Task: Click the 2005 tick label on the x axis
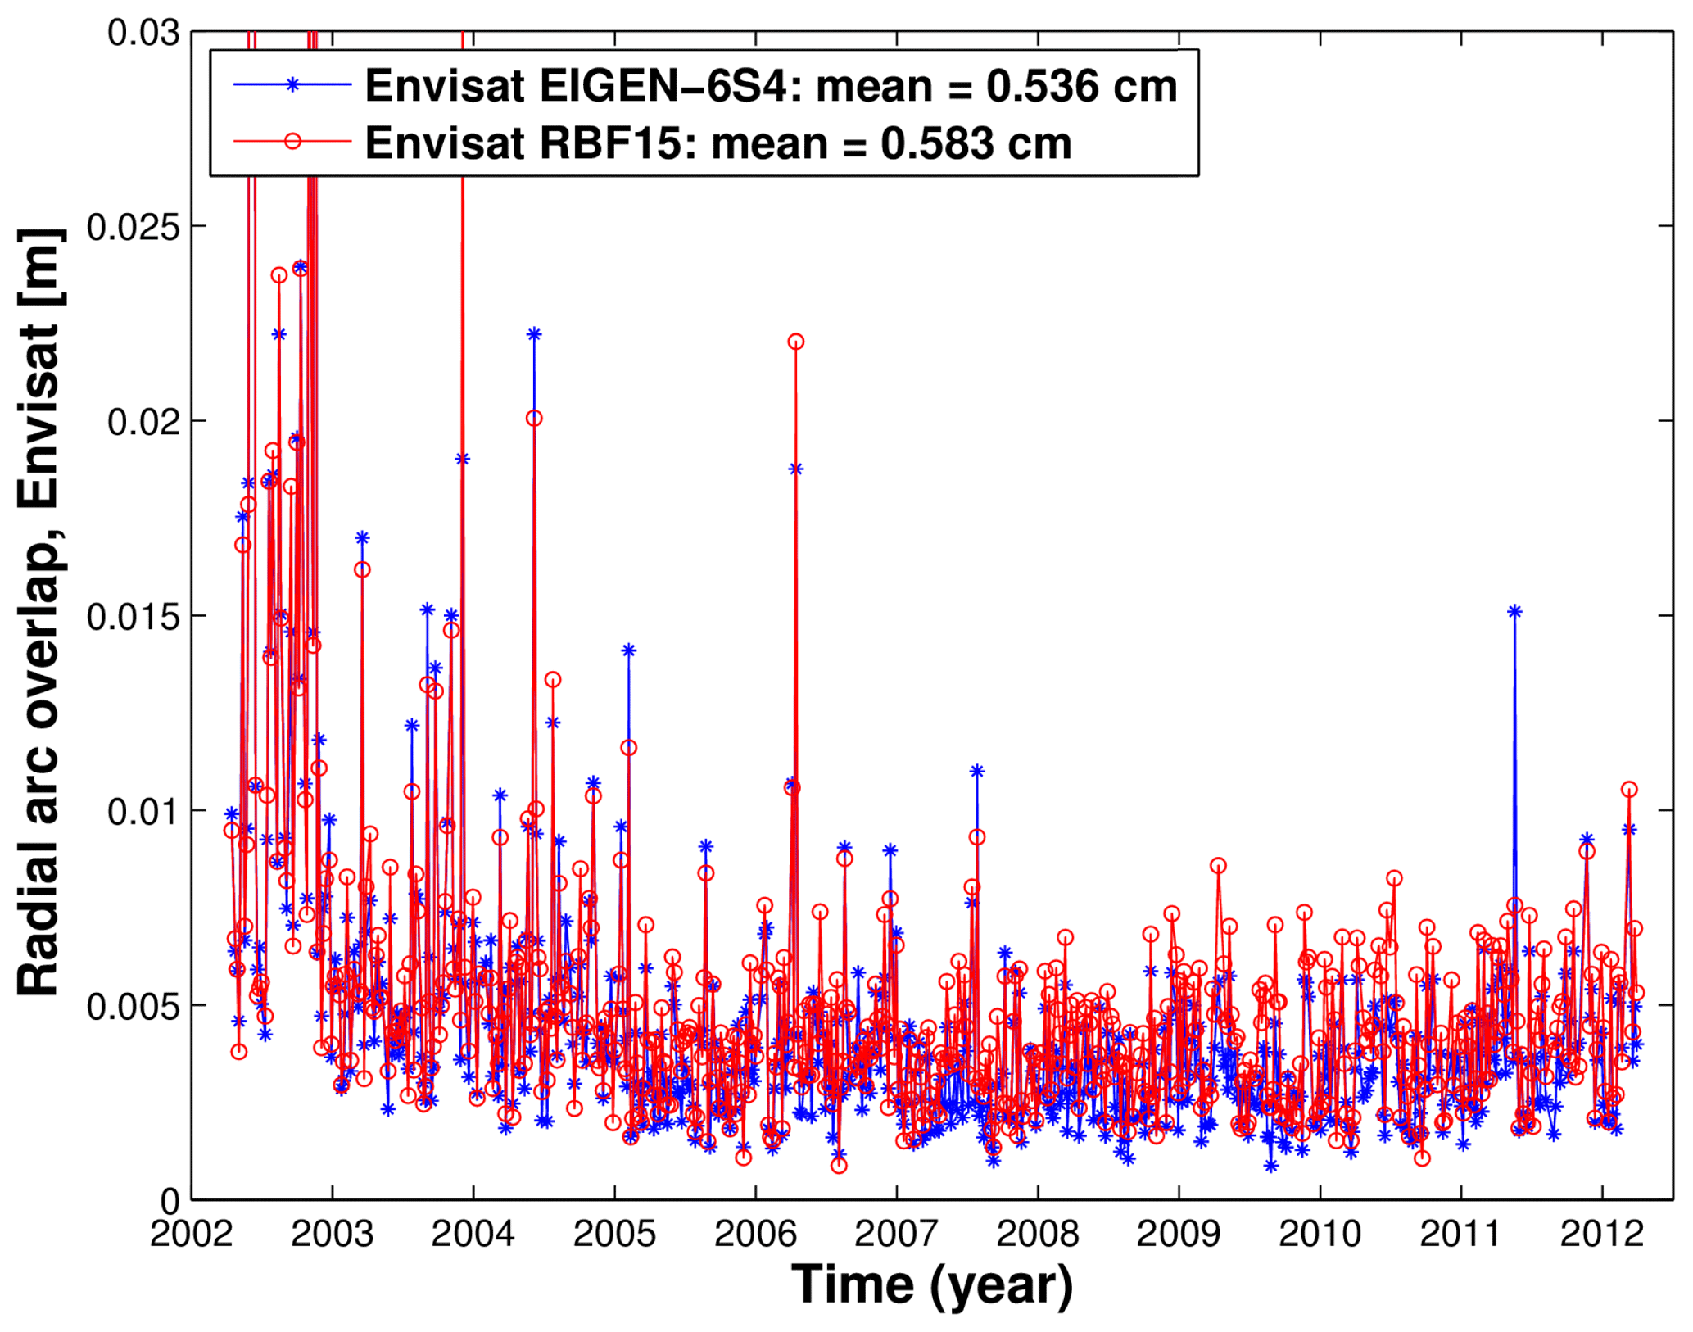click(x=614, y=1233)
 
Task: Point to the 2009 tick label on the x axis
click(x=1178, y=1233)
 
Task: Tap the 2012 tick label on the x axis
click(x=1601, y=1233)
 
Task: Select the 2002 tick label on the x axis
click(x=191, y=1233)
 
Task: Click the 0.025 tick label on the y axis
click(x=133, y=227)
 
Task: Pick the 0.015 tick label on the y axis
click(x=133, y=617)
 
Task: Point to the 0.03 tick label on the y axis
click(x=143, y=33)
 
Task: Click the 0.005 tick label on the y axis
click(x=133, y=1007)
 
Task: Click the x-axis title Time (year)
click(x=932, y=1285)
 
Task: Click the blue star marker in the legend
click(x=292, y=84)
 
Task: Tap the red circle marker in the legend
click(x=292, y=142)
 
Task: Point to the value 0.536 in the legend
click(x=1043, y=86)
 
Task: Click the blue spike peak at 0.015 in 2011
click(x=1514, y=611)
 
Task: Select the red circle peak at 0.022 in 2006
click(x=796, y=342)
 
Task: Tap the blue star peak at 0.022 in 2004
click(x=534, y=334)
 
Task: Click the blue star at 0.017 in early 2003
click(x=362, y=537)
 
